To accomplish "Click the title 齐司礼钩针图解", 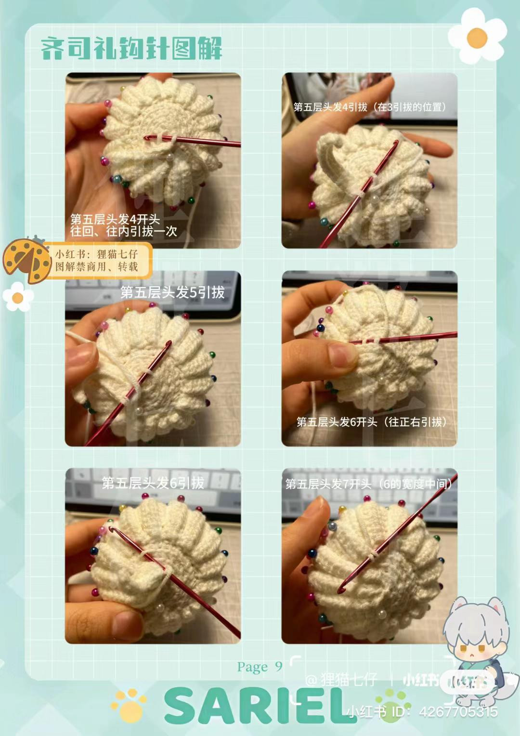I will (131, 49).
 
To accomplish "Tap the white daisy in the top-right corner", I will (477, 36).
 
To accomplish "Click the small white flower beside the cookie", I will (18, 297).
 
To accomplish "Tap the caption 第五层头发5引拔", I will (172, 292).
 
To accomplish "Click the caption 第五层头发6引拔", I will (153, 483).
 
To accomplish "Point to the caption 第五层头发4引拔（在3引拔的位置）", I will (369, 107).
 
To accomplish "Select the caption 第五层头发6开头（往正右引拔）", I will (371, 422).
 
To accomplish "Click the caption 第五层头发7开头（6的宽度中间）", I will (369, 484).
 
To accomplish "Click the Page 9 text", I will (260, 667).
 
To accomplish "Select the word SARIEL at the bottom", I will (260, 706).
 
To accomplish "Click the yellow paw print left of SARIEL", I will (129, 705).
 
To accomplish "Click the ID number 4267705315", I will (458, 711).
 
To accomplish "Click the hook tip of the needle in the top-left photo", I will (148, 138).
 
